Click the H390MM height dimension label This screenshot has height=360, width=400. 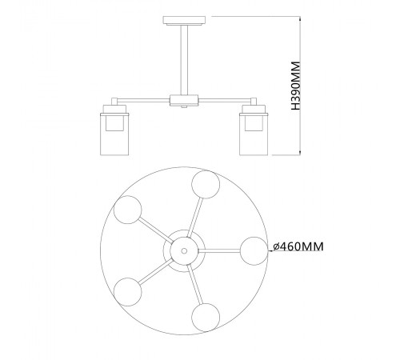tap(296, 86)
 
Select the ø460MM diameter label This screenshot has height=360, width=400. tap(298, 246)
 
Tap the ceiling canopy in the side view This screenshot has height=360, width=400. tap(184, 21)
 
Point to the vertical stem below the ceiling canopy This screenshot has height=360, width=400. tap(184, 60)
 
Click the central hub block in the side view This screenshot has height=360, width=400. tap(184, 100)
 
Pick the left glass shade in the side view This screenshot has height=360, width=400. tap(114, 134)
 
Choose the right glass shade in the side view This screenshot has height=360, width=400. tap(254, 134)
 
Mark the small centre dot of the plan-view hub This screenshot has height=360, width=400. tap(184, 250)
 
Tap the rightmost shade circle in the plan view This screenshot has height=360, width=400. tap(254, 251)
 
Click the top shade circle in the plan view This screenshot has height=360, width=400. tap(206, 185)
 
